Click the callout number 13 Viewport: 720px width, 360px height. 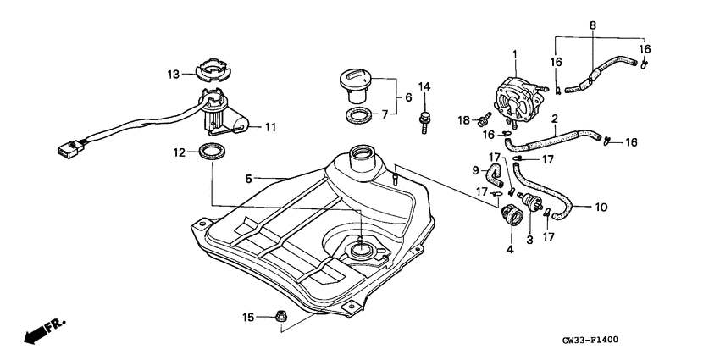[174, 74]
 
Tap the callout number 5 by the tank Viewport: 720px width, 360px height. [249, 179]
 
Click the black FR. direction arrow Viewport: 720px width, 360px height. [36, 335]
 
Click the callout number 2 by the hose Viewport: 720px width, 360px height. [554, 119]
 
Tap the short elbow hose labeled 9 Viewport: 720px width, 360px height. [496, 174]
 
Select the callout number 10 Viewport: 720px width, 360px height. [602, 207]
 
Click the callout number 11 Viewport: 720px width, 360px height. [270, 127]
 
